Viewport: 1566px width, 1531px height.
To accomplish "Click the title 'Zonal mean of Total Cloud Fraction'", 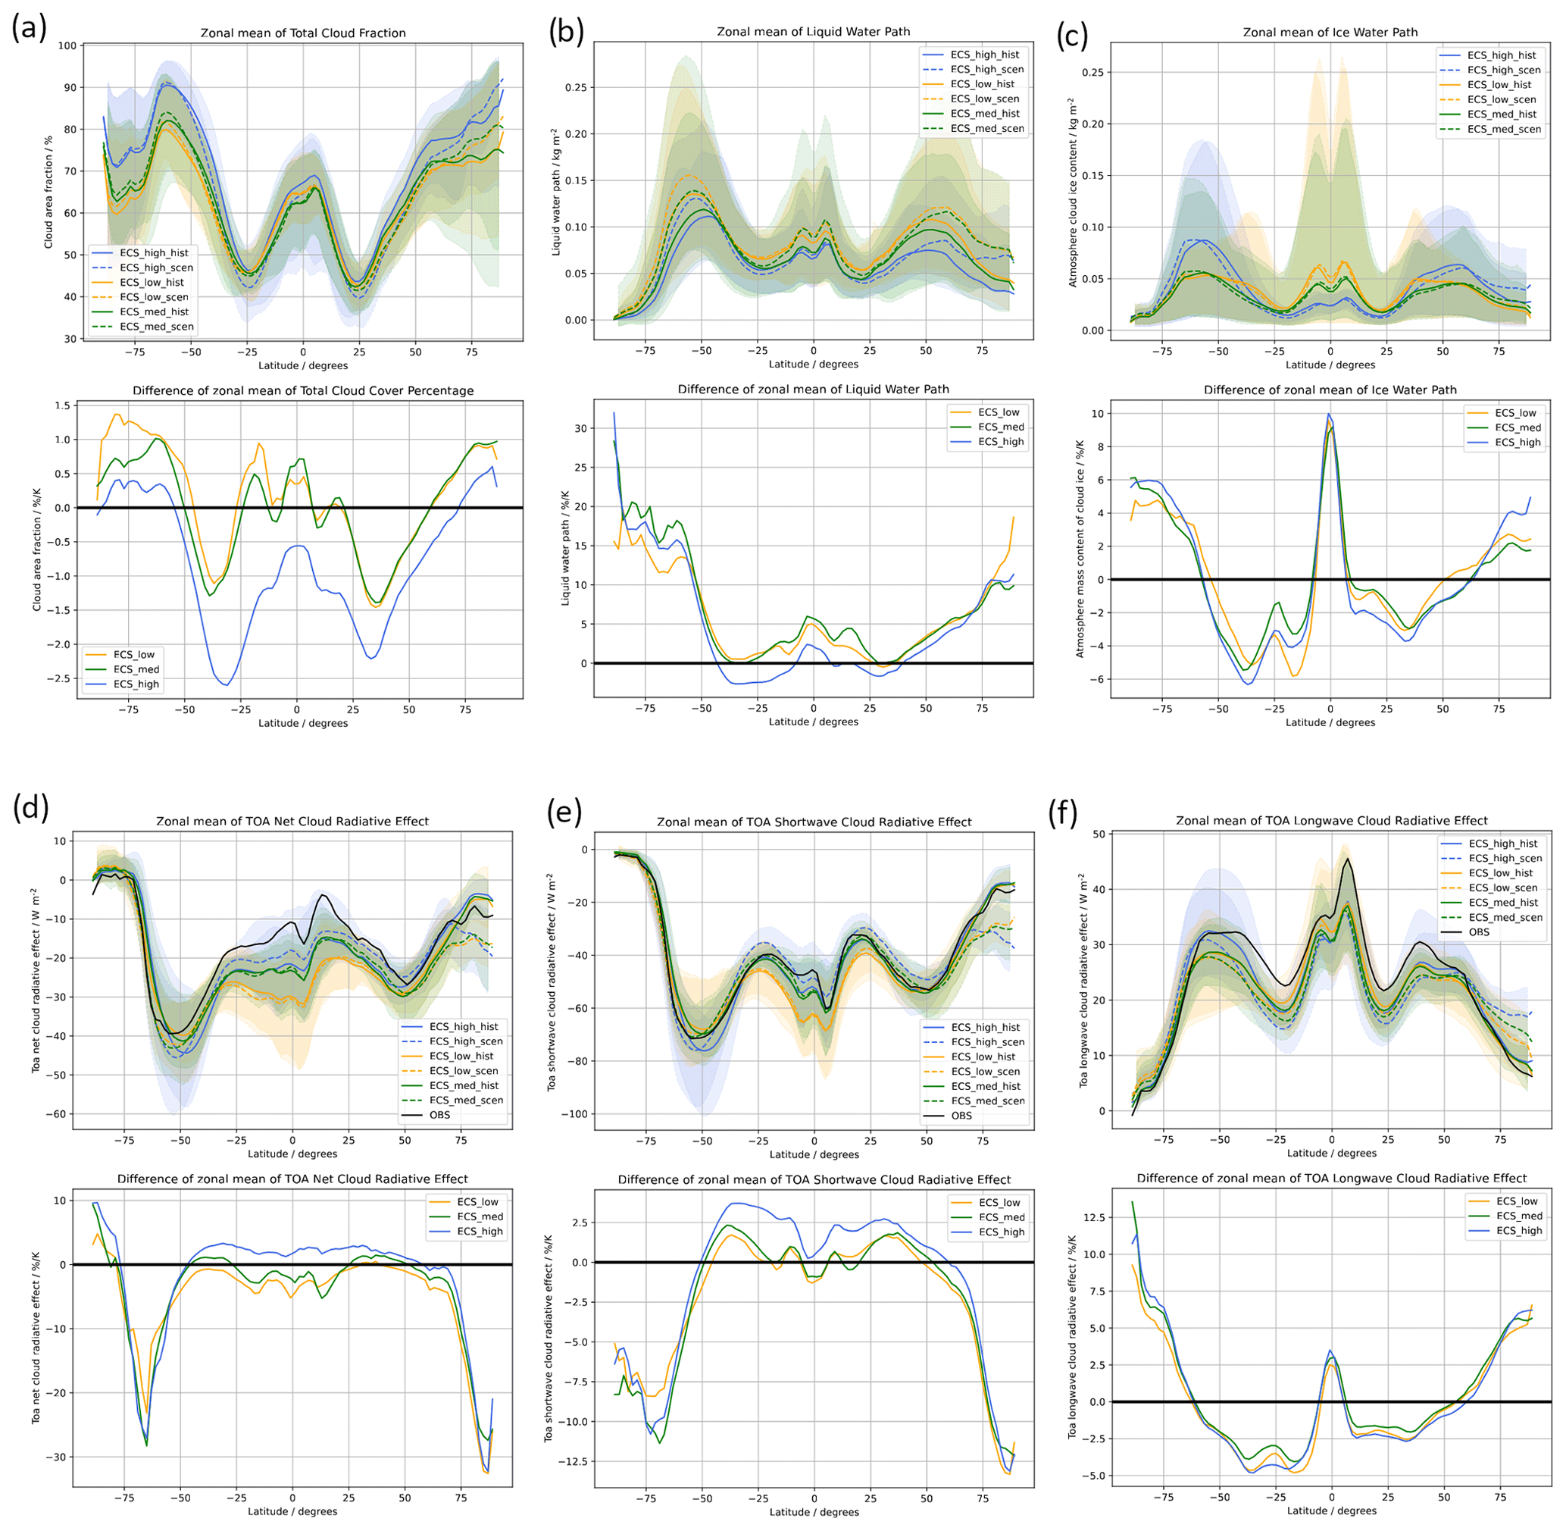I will click(302, 33).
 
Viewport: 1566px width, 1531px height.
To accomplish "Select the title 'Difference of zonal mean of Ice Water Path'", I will click(1330, 390).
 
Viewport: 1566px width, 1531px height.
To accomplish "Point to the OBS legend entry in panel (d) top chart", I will click(439, 1114).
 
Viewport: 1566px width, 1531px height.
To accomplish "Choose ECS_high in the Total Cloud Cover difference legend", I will click(136, 684).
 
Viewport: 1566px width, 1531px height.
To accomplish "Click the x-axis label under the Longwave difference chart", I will click(1331, 1511).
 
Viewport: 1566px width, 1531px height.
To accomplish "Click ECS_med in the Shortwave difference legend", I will click(1001, 1217).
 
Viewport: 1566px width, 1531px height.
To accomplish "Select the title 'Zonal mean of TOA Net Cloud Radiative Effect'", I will click(292, 821).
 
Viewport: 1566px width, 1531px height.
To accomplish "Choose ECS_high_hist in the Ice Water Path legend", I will click(1502, 55).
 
